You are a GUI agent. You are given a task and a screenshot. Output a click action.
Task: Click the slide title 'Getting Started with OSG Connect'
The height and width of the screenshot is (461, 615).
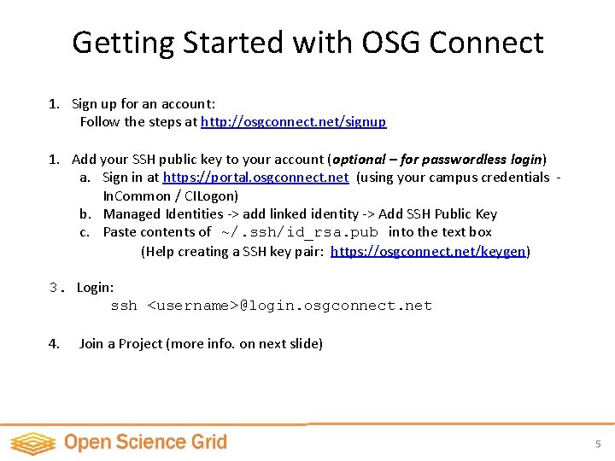pyautogui.click(x=307, y=42)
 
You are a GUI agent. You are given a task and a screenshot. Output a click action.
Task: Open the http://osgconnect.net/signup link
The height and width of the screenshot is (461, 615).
pyautogui.click(x=293, y=122)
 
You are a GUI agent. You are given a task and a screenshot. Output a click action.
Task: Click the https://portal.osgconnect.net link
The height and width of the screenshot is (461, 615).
pyautogui.click(x=255, y=178)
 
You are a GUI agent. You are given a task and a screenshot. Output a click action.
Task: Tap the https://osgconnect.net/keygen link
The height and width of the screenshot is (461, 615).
pyautogui.click(x=428, y=251)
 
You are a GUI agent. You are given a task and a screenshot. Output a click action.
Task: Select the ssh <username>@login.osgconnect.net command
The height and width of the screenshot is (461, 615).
pyautogui.click(x=271, y=306)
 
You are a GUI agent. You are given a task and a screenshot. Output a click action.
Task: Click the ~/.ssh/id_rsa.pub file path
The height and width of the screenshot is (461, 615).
pyautogui.click(x=299, y=232)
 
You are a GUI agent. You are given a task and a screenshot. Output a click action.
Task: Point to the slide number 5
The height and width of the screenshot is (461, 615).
pyautogui.click(x=598, y=444)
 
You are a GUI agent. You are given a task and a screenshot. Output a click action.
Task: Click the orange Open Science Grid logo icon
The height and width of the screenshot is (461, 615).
pyautogui.click(x=32, y=443)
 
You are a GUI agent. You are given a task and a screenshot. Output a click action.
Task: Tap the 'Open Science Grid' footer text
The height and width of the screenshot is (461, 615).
pyautogui.click(x=145, y=442)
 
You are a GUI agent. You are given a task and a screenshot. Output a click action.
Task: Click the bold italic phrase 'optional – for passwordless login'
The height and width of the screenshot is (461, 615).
pyautogui.click(x=438, y=159)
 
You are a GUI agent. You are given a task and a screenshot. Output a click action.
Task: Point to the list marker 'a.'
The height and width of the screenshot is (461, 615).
pyautogui.click(x=85, y=178)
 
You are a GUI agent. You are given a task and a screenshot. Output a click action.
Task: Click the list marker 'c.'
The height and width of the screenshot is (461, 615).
pyautogui.click(x=85, y=232)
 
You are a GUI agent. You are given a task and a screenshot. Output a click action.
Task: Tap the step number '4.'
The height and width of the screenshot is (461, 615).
pyautogui.click(x=54, y=344)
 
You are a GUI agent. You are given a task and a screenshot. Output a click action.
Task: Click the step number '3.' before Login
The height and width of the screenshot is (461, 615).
pyautogui.click(x=56, y=288)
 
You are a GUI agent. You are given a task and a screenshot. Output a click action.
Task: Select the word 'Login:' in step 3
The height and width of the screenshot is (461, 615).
pyautogui.click(x=95, y=288)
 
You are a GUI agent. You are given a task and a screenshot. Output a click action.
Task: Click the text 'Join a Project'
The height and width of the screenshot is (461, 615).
pyautogui.click(x=120, y=344)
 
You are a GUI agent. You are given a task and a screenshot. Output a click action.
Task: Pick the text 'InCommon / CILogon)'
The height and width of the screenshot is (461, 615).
pyautogui.click(x=171, y=195)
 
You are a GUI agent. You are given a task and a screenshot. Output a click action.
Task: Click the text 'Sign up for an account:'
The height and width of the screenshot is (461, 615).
pyautogui.click(x=143, y=104)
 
